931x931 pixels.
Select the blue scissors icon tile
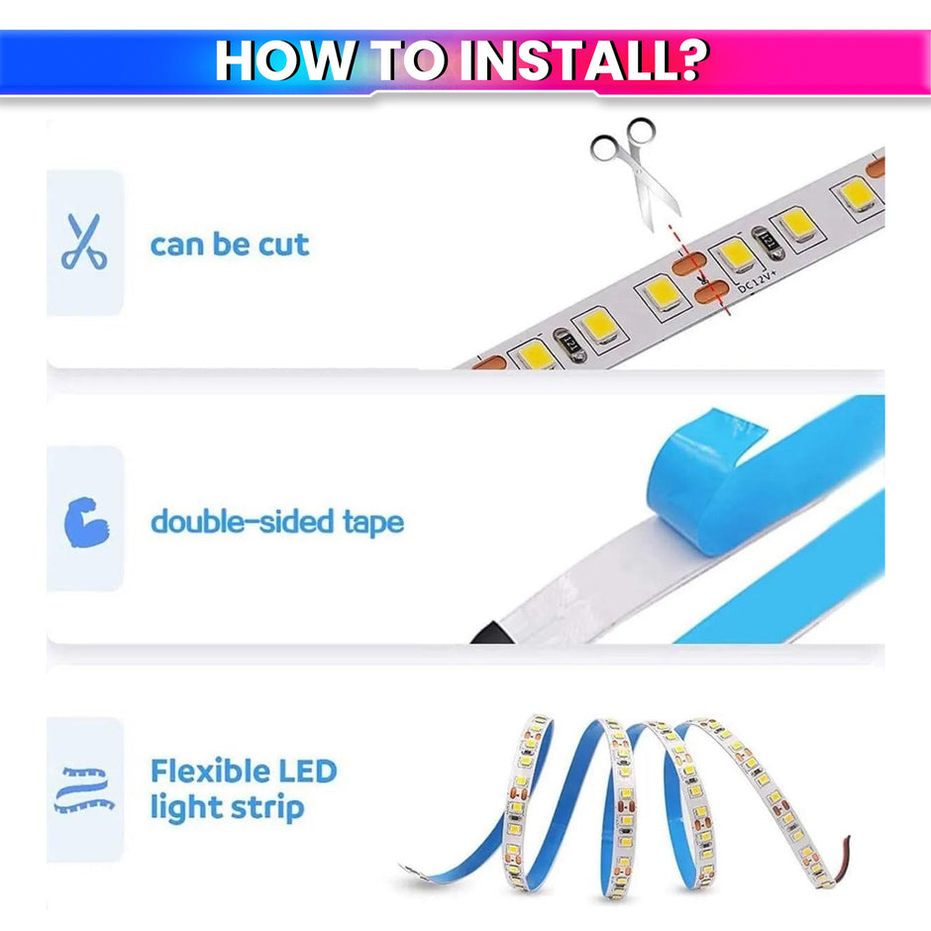(x=84, y=243)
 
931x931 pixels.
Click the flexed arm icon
(x=84, y=522)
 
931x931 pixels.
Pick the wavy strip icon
(x=84, y=789)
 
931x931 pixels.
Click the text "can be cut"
(x=229, y=244)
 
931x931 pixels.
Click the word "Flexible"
(x=210, y=771)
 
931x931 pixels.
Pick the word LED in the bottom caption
(x=305, y=771)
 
